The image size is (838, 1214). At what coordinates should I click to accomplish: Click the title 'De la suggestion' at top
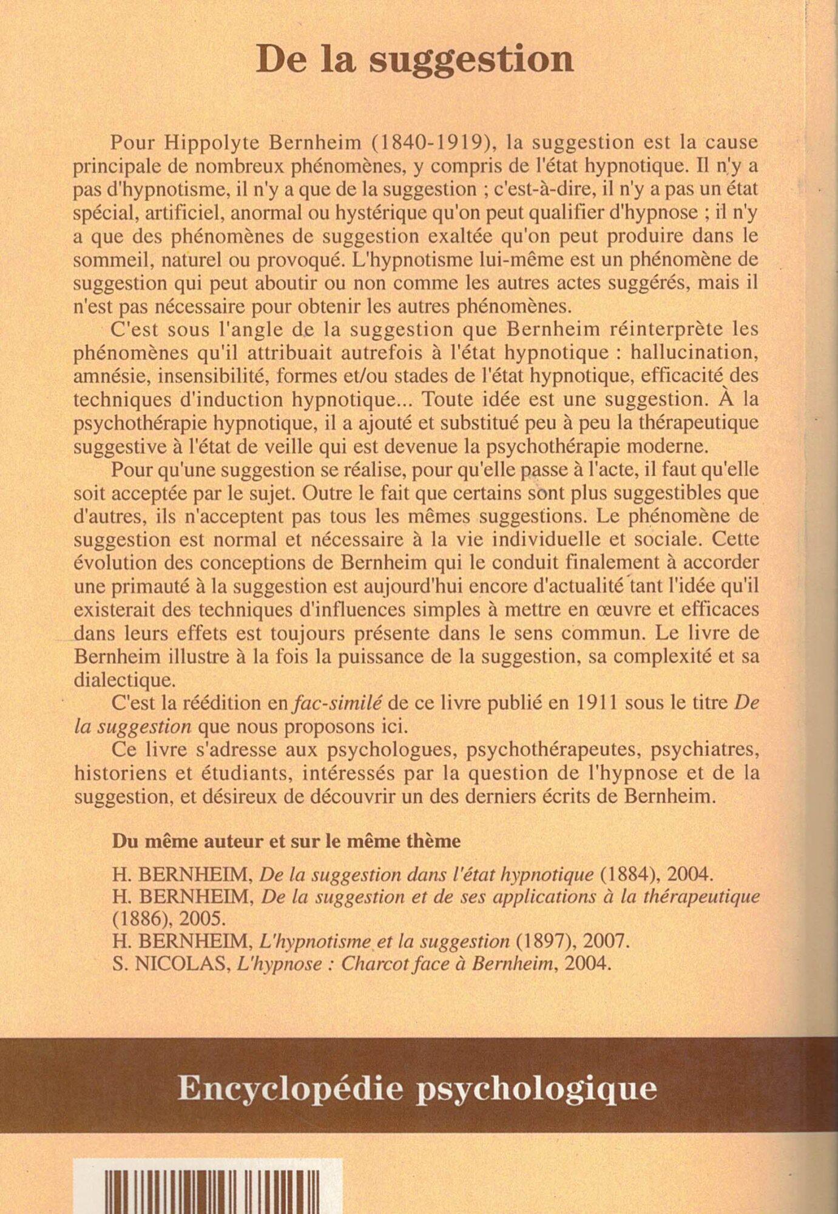[x=414, y=60]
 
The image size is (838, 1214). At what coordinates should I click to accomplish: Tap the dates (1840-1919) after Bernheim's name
[x=431, y=143]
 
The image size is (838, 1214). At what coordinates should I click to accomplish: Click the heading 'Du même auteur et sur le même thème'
[x=286, y=842]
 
